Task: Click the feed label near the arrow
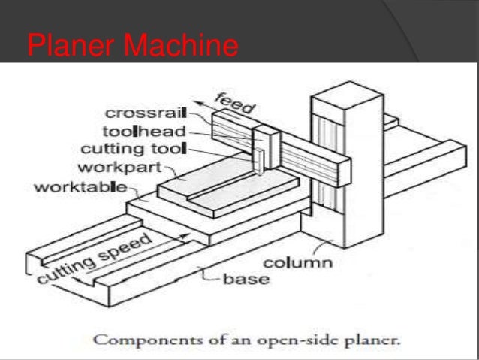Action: click(234, 104)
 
